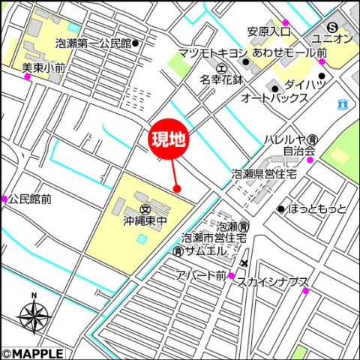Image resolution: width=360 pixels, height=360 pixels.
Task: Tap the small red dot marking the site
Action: pos(176,187)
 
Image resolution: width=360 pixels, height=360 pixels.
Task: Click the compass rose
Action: pos(34,316)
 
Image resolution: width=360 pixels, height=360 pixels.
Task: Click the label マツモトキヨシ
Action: pos(213,53)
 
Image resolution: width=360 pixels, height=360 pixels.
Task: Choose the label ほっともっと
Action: pos(317,208)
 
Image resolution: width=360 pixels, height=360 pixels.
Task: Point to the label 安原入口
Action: pos(268,31)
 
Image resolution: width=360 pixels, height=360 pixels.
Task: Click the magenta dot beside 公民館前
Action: pos(4,199)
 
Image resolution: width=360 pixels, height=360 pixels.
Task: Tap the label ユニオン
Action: pos(333,38)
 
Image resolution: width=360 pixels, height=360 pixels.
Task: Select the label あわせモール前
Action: pos(289,53)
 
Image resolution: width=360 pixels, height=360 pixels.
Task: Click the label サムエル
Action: pos(207,251)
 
